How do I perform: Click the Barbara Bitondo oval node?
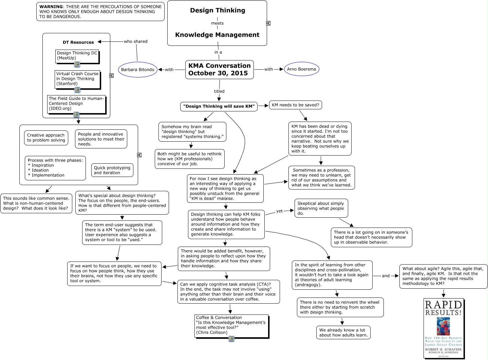(x=137, y=70)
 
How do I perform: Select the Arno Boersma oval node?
(x=301, y=69)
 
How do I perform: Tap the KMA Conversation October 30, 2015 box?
(x=219, y=69)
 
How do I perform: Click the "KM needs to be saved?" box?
(x=295, y=105)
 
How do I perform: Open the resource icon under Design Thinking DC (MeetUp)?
(x=77, y=65)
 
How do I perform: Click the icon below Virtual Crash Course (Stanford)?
(x=77, y=90)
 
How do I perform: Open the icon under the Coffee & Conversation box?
(x=231, y=339)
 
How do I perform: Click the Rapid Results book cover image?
(x=443, y=328)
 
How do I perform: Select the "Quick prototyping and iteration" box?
(x=112, y=170)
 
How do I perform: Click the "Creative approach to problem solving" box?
(x=46, y=138)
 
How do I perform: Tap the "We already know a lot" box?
(x=343, y=332)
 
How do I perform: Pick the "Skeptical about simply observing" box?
(x=321, y=208)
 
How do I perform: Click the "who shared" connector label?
(x=135, y=41)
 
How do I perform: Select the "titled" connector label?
(x=219, y=91)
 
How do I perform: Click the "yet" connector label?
(x=279, y=211)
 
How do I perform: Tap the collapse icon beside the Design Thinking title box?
(x=268, y=23)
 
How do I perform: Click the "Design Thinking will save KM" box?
(x=219, y=106)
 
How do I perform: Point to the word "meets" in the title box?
(x=217, y=23)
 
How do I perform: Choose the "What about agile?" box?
(x=443, y=276)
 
